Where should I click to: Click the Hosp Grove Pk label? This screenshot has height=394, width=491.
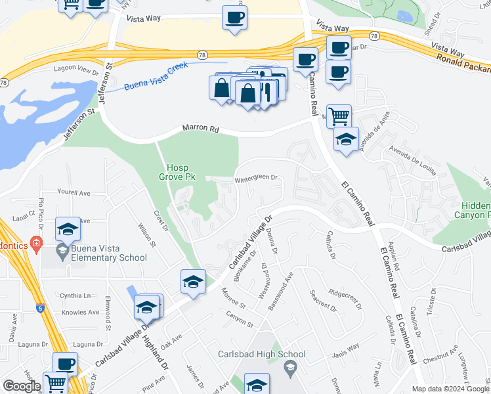pyautogui.click(x=173, y=171)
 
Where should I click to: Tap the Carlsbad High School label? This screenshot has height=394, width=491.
pyautogui.click(x=253, y=355)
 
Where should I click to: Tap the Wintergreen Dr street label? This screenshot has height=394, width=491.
pyautogui.click(x=257, y=177)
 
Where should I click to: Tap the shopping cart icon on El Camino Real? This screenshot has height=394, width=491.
pyautogui.click(x=339, y=116)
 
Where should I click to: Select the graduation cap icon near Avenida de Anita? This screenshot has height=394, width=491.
pyautogui.click(x=346, y=140)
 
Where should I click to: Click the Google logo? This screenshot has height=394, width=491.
pyautogui.click(x=22, y=386)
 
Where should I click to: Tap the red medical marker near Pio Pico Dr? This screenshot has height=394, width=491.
pyautogui.click(x=36, y=246)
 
